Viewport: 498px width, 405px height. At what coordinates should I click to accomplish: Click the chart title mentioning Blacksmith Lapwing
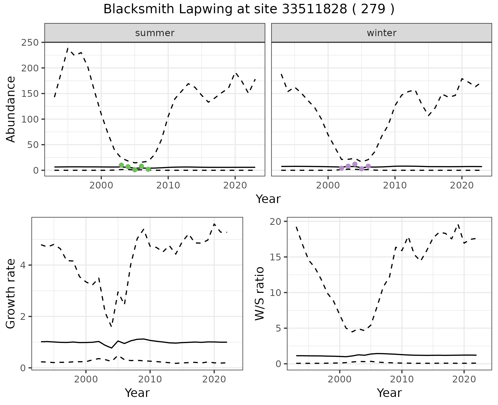click(249, 9)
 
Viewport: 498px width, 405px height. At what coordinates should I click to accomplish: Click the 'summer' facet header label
click(155, 33)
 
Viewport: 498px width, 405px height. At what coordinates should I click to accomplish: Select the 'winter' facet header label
click(382, 33)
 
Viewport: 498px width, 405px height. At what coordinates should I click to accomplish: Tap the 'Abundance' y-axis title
click(11, 109)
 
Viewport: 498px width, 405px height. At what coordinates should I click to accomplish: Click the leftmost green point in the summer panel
click(121, 165)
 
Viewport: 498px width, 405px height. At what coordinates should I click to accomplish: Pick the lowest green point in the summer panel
click(135, 170)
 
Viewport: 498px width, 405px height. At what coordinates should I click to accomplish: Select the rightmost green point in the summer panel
click(148, 169)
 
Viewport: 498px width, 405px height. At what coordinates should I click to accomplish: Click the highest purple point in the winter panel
click(355, 164)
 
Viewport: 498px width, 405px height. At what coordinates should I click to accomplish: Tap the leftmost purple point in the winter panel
click(341, 168)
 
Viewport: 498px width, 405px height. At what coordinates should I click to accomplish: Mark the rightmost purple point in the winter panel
click(368, 166)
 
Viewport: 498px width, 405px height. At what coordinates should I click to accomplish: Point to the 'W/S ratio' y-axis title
click(260, 293)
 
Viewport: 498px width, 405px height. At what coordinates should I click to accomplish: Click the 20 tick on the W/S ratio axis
click(279, 221)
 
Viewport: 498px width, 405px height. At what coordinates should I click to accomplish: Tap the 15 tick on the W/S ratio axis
click(279, 257)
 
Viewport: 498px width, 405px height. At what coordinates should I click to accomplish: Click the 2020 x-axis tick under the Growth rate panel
click(214, 379)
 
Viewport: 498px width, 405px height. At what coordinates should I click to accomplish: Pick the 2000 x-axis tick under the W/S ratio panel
click(340, 379)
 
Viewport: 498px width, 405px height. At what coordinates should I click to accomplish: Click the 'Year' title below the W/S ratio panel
click(389, 393)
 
